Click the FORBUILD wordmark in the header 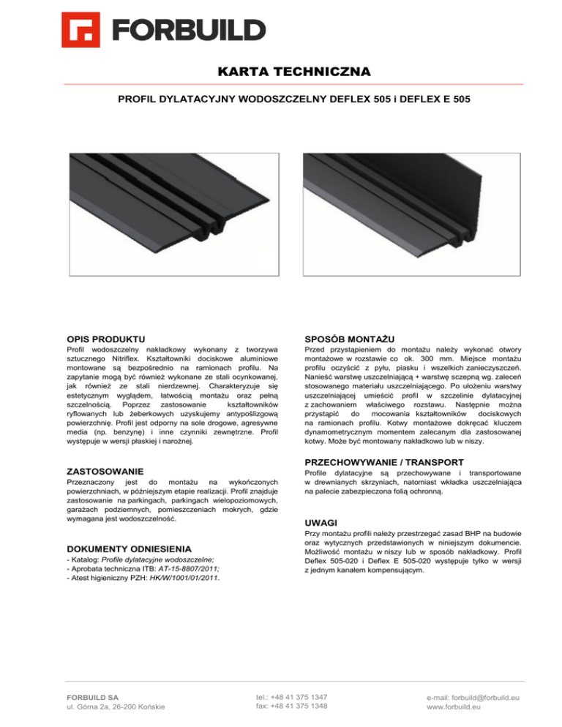(189, 30)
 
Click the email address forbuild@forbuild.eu (476, 698)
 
